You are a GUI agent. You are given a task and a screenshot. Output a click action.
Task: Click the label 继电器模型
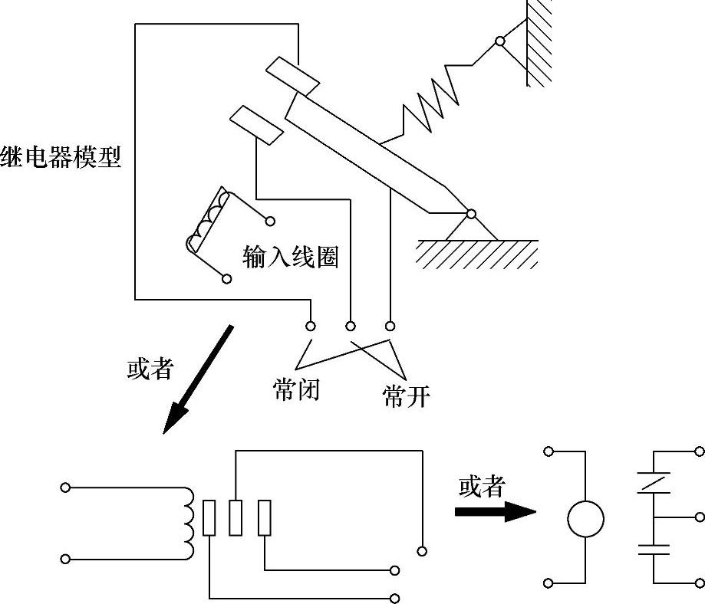click(x=61, y=157)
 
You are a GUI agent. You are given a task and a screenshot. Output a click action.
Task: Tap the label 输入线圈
click(x=290, y=257)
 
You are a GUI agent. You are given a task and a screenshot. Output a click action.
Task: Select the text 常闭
click(x=296, y=389)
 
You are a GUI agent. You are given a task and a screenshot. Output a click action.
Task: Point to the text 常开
click(x=407, y=396)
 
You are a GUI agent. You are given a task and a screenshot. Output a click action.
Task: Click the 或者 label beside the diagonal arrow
click(x=150, y=369)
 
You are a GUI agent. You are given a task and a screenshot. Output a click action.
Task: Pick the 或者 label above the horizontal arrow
click(x=482, y=487)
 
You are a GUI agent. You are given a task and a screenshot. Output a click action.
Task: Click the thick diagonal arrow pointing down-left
click(x=198, y=379)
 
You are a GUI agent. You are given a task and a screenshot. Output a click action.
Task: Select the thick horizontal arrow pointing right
click(x=496, y=512)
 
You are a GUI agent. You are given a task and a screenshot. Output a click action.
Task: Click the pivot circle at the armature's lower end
click(x=471, y=214)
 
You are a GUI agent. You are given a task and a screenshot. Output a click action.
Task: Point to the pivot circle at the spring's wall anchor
click(x=500, y=41)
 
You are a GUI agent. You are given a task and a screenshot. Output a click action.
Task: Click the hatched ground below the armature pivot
click(x=477, y=254)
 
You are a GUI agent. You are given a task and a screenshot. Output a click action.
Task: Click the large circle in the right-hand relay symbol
click(x=585, y=519)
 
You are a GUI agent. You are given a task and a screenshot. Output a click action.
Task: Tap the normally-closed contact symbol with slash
click(x=654, y=483)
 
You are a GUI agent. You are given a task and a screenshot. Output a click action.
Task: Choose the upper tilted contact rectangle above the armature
click(x=293, y=77)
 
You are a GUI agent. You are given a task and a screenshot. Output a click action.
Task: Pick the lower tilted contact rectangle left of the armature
click(x=257, y=126)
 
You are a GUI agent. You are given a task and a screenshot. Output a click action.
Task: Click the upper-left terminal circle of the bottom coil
click(x=66, y=487)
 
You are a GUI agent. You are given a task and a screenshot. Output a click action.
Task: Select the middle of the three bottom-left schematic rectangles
click(x=236, y=517)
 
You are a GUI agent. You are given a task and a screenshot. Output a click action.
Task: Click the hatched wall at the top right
click(x=539, y=43)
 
